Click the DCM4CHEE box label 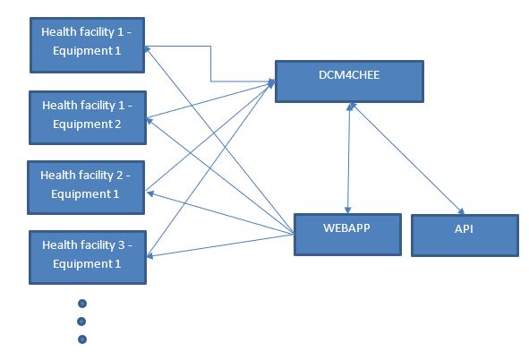(x=349, y=74)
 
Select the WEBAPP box (x=347, y=235)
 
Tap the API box (x=465, y=236)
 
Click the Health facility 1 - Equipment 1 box (x=88, y=45)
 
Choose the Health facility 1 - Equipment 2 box (x=88, y=117)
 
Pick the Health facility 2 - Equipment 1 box (x=86, y=187)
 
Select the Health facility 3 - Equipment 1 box (x=88, y=257)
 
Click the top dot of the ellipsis (x=82, y=304)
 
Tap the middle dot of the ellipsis (x=81, y=321)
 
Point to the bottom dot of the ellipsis (x=82, y=339)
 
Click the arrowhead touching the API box (x=461, y=211)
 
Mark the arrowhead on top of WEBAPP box (x=348, y=210)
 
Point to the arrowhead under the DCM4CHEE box (x=351, y=107)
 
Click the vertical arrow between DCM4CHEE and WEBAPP (x=349, y=158)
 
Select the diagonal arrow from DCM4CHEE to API (x=407, y=159)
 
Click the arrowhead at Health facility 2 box (x=150, y=193)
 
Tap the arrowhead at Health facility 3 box (x=150, y=256)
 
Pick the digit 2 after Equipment (x=118, y=124)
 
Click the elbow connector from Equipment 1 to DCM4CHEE (x=211, y=64)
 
